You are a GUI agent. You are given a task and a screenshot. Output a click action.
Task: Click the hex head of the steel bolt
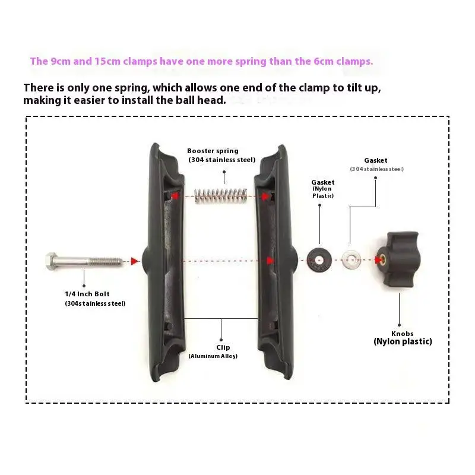(x=51, y=260)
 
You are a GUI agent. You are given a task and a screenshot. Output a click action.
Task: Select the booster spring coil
(x=221, y=195)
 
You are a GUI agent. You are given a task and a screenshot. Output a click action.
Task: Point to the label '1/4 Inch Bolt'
(x=87, y=294)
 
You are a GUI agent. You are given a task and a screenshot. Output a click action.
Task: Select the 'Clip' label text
(x=223, y=347)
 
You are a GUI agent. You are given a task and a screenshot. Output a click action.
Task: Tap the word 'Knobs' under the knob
(x=403, y=333)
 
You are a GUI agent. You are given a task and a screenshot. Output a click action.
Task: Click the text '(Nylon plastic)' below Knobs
(x=403, y=341)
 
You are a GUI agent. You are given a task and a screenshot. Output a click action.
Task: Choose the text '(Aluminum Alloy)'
(x=213, y=356)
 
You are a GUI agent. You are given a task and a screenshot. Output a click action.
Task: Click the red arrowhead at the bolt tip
(x=134, y=261)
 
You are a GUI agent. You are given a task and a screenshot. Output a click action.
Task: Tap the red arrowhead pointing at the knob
(x=378, y=260)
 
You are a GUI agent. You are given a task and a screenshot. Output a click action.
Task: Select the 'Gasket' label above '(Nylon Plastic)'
(x=323, y=182)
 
